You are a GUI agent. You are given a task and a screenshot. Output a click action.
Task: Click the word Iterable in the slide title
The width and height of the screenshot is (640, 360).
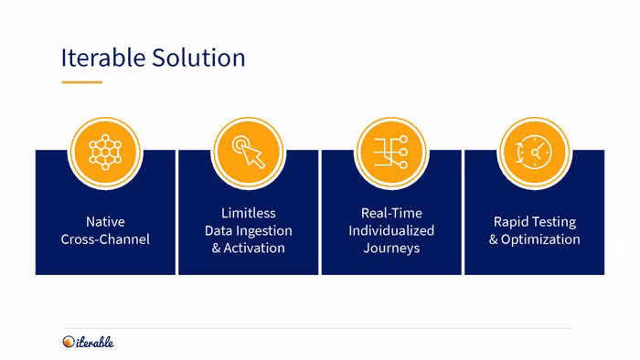click(x=102, y=58)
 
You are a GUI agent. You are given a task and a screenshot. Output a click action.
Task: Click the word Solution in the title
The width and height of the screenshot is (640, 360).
click(x=198, y=58)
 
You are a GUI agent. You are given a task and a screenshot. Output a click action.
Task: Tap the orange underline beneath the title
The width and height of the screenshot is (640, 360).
click(x=81, y=82)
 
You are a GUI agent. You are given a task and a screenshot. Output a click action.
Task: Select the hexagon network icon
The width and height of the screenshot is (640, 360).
click(x=105, y=152)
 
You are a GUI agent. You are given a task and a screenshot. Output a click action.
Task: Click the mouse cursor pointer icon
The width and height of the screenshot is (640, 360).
click(x=249, y=152)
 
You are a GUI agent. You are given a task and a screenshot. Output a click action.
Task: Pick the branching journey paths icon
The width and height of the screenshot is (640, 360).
click(x=391, y=152)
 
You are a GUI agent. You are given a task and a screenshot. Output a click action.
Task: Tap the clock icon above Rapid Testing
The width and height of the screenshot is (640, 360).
click(x=534, y=152)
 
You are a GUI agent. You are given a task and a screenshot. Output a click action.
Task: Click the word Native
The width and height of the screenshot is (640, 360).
click(x=105, y=222)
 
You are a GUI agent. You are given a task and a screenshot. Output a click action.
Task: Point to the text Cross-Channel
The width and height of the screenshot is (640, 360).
click(x=105, y=239)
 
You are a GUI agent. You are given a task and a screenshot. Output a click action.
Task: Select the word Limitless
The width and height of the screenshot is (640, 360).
click(x=249, y=213)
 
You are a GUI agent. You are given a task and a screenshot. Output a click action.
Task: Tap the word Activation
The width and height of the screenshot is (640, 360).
click(x=254, y=248)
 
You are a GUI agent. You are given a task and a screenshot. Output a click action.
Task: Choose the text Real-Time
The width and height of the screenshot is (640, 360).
click(x=391, y=213)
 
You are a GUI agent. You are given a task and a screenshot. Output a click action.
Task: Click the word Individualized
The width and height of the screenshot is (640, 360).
click(x=391, y=230)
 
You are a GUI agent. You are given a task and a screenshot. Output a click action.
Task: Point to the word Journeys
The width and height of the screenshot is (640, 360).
click(x=391, y=249)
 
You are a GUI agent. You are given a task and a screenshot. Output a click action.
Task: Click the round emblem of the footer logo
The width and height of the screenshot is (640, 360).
click(x=69, y=342)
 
